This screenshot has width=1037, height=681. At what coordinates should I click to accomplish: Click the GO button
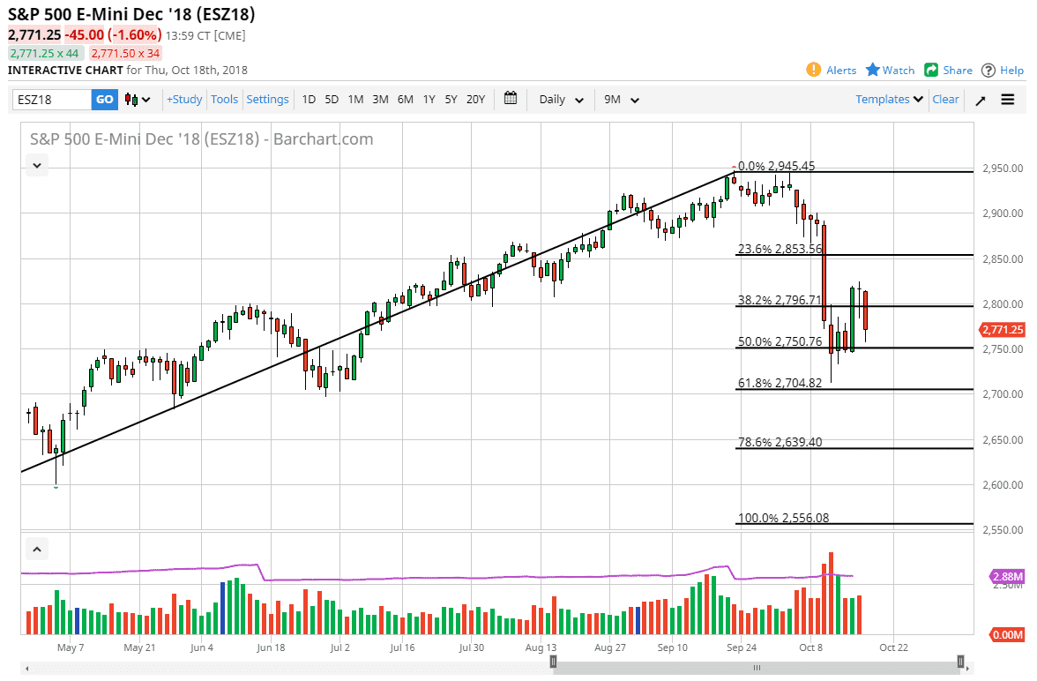click(104, 100)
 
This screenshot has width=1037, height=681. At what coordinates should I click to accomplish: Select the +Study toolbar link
click(184, 100)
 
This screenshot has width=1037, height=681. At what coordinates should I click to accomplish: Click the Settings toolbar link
click(267, 100)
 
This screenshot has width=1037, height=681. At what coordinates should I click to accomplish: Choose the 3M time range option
click(380, 100)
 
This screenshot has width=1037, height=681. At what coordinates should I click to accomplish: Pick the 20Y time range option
click(475, 100)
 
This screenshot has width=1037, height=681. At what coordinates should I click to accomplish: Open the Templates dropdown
click(889, 100)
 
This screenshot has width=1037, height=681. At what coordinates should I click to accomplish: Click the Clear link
click(945, 100)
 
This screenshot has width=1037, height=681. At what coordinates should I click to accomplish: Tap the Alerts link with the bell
click(832, 71)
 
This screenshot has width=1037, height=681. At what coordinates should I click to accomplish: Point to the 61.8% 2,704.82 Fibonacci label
click(780, 383)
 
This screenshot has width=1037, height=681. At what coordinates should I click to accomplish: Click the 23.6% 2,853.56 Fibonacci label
click(780, 249)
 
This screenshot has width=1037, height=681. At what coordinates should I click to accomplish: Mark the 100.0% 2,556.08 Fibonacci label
click(783, 518)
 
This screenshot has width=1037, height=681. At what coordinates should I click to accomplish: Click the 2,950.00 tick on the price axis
click(1003, 168)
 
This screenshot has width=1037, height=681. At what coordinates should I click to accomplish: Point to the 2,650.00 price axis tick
click(1003, 440)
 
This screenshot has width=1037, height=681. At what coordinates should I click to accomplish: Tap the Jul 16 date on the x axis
click(402, 647)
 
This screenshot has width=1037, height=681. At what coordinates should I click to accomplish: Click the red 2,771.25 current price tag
click(1002, 330)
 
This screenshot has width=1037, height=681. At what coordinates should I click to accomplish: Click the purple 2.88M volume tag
click(1007, 577)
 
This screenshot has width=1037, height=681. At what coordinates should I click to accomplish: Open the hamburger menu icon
click(1008, 100)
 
